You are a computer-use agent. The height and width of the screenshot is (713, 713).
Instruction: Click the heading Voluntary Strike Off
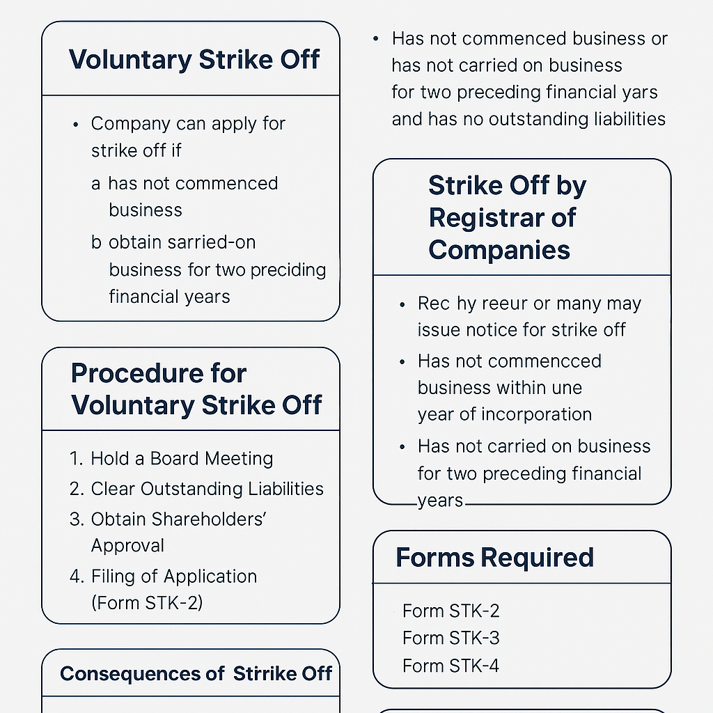coord(194,60)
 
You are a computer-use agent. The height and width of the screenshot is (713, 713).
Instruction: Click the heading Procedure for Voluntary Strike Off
coord(196,389)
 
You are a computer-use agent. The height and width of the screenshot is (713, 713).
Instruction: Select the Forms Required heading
coord(494,558)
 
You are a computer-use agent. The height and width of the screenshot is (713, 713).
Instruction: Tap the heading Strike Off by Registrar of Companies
coord(507,218)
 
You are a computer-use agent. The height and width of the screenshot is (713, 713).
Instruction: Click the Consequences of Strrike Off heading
coord(196,674)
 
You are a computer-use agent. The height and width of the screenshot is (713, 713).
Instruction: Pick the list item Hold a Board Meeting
coord(182,459)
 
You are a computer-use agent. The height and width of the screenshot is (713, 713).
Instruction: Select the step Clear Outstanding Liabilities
coord(207,489)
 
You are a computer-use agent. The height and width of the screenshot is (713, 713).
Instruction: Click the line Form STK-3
coord(450,638)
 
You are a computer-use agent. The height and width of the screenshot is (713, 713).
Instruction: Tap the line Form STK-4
coord(450,666)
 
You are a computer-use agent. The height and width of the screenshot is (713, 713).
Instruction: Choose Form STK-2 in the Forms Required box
coord(450,611)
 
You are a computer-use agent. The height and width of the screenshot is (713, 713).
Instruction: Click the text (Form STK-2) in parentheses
coord(147,602)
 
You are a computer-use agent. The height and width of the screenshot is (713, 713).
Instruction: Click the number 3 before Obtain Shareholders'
coord(76,519)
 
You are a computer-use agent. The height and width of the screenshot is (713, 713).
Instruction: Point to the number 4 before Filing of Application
coord(76,577)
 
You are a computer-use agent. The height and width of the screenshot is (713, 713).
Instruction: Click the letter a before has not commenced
coord(96,185)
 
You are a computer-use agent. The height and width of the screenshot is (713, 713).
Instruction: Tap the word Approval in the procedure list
coord(127,546)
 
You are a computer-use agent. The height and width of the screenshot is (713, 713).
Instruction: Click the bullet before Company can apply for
coord(76,125)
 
